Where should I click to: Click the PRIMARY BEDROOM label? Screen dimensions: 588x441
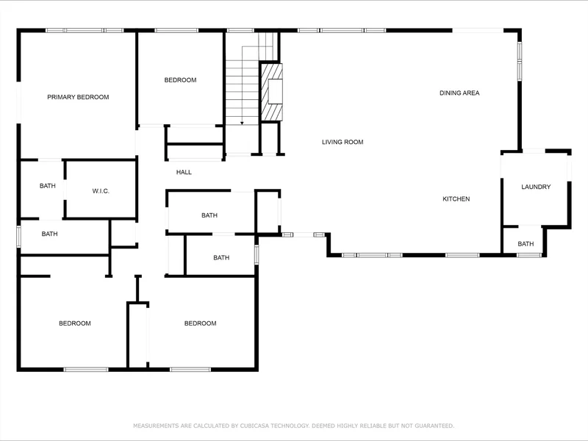pos(78,97)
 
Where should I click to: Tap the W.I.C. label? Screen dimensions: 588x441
pos(101,191)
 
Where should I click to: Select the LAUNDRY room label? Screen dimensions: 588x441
pos(536,187)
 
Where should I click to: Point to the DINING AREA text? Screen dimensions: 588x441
pos(459,93)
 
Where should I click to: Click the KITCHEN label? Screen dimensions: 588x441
pos(456,199)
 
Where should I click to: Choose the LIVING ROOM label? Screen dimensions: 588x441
pos(343,142)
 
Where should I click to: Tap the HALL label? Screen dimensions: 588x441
pos(184,172)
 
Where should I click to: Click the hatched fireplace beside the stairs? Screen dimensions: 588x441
pos(271,93)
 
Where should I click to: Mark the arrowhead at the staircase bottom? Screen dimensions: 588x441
pos(242,123)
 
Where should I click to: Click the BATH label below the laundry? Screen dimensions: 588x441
pos(526,244)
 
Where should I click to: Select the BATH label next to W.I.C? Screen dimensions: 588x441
pos(48,186)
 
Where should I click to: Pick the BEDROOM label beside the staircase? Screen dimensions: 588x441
pos(180,80)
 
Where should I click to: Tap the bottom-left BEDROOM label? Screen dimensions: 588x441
pos(75,323)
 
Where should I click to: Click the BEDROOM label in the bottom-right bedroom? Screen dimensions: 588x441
pos(200,323)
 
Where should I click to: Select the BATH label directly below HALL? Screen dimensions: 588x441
pos(209,215)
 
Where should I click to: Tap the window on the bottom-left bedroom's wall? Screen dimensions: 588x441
pos(86,370)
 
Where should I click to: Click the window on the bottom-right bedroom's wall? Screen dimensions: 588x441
pos(190,370)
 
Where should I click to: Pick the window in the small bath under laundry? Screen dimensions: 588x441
pos(529,255)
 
